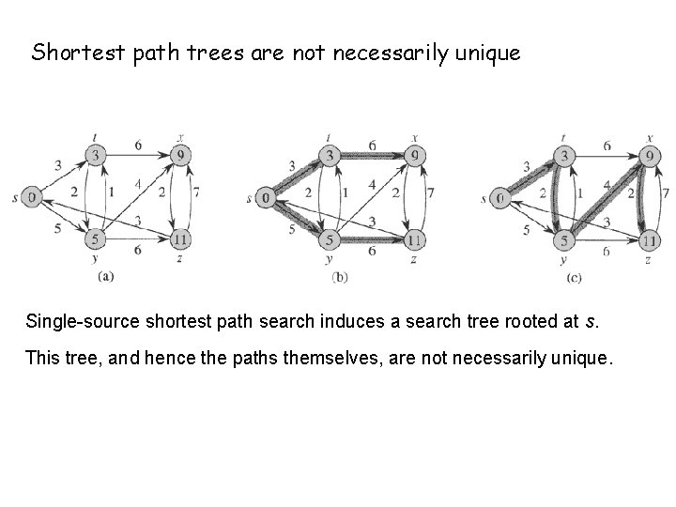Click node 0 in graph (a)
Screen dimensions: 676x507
[x=32, y=197]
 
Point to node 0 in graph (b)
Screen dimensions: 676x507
[x=267, y=197]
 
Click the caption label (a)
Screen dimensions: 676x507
[x=106, y=276]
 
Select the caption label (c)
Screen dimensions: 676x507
[x=575, y=278]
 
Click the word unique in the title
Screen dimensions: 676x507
[x=487, y=54]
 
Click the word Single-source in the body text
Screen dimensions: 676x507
[x=73, y=323]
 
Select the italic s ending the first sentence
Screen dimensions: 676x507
[x=589, y=323]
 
